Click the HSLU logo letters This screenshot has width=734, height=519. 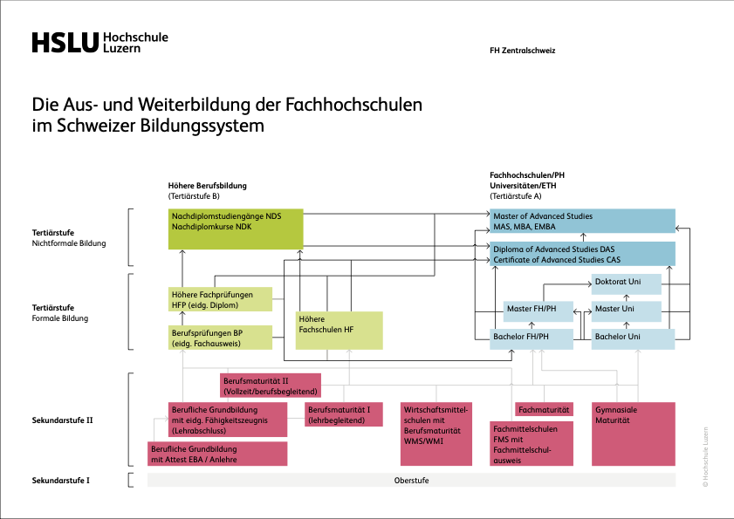coord(65,43)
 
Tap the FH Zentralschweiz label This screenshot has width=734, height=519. coord(523,51)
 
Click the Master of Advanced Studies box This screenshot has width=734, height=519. coord(582,222)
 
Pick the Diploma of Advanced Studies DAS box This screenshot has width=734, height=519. coord(582,254)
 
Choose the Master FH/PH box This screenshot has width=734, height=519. coord(538,311)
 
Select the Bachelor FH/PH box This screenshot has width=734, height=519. coord(531,338)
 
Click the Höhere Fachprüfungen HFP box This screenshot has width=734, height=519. coord(220,299)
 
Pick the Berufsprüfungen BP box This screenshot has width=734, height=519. coord(220,338)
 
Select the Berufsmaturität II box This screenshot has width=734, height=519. coord(270,386)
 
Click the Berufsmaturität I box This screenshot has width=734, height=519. coord(344,414)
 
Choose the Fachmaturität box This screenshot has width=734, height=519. coord(544,409)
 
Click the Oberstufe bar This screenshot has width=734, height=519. coord(411,481)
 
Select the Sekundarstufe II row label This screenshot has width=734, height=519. coord(62,420)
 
